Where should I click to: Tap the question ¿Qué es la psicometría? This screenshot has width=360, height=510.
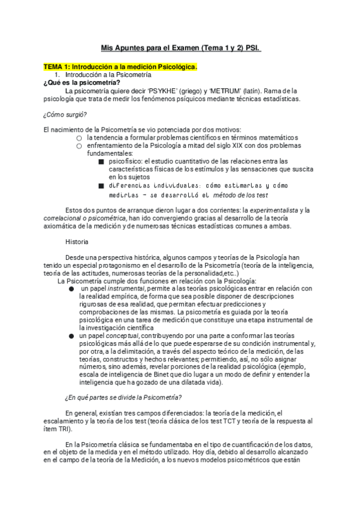[x=81, y=83]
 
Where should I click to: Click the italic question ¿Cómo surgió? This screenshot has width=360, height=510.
[x=65, y=114]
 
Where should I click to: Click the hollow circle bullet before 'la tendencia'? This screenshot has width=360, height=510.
[x=79, y=138]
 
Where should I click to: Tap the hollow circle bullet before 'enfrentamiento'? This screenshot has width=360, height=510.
[x=79, y=146]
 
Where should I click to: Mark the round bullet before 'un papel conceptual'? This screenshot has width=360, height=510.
[x=72, y=336]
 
